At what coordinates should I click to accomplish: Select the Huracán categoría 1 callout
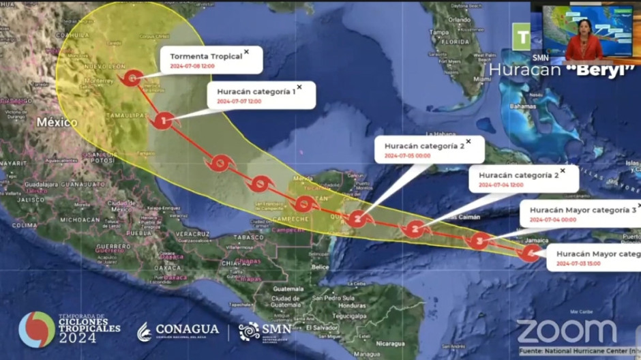pyautogui.click(x=262, y=95)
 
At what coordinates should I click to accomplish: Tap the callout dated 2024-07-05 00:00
pyautogui.click(x=428, y=149)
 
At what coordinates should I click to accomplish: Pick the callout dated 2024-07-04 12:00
pyautogui.click(x=522, y=179)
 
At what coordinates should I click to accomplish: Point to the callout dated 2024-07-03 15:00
pyautogui.click(x=593, y=257)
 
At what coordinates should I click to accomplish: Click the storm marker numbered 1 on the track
pyautogui.click(x=162, y=121)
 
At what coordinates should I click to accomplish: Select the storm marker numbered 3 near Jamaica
pyautogui.click(x=479, y=240)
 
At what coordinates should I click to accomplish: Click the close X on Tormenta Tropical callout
pyautogui.click(x=247, y=51)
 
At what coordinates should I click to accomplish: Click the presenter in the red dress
pyautogui.click(x=583, y=41)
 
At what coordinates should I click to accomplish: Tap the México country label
pyautogui.click(x=57, y=122)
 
